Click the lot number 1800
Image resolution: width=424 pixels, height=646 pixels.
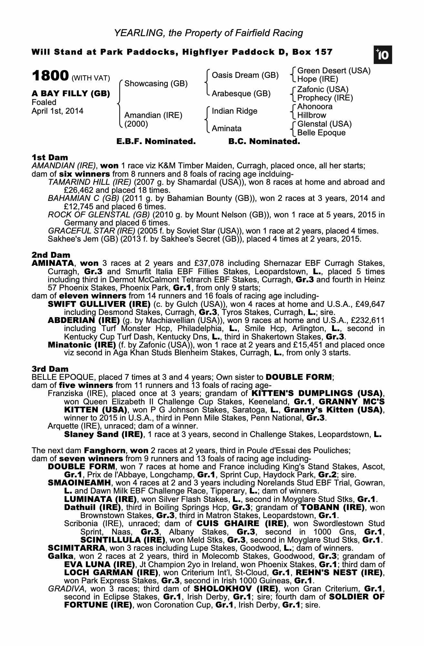pos(50,76)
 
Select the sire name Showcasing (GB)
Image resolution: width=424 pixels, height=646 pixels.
pos(156,84)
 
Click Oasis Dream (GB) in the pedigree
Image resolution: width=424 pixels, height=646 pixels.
pos(245,75)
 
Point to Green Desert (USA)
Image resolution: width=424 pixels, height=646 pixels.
pos(334,71)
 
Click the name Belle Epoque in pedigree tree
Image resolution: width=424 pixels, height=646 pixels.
pos(321,133)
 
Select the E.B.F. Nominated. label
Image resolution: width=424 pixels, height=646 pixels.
pos(156,141)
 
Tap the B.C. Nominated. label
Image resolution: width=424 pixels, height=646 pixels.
pos(264,141)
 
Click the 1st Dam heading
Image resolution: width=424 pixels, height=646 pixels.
pos(50,158)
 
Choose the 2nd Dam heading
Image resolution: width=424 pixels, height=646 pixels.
pos(51,255)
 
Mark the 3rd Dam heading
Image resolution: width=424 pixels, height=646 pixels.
pos(50,369)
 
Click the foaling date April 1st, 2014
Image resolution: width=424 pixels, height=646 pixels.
pos(57,111)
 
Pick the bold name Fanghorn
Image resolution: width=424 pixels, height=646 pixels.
pos(103,450)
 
